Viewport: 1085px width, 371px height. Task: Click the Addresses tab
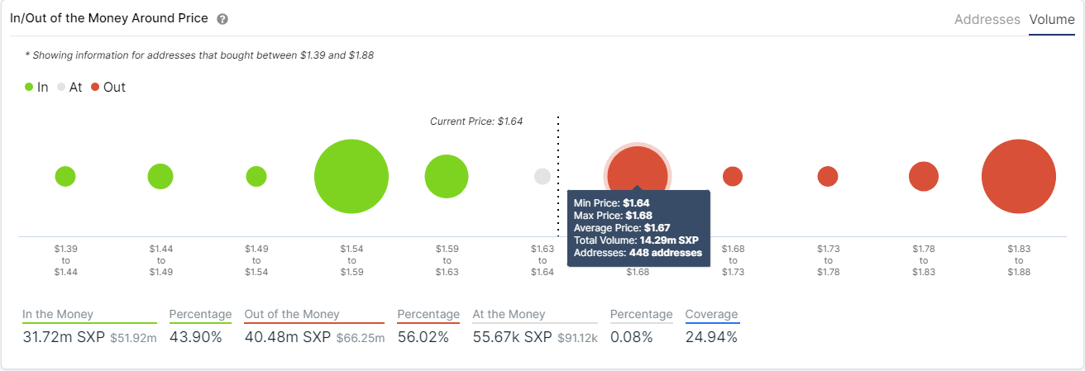click(987, 19)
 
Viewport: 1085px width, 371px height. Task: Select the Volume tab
click(1052, 19)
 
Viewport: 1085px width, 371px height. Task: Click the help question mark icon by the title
click(222, 19)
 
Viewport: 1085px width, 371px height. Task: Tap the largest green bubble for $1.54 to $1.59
click(351, 177)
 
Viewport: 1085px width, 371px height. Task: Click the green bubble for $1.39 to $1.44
click(65, 176)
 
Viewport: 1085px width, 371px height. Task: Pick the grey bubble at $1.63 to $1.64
click(542, 176)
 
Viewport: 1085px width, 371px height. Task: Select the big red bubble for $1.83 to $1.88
click(1018, 177)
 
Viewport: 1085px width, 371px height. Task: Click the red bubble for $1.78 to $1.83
click(923, 176)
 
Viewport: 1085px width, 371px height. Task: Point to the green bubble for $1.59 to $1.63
click(447, 177)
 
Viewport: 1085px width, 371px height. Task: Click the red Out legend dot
click(96, 87)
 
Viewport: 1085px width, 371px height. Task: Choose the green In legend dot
click(30, 87)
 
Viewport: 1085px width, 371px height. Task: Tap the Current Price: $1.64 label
click(476, 121)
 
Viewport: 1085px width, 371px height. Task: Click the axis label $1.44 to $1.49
click(160, 259)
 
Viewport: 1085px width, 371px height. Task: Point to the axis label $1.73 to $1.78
click(828, 259)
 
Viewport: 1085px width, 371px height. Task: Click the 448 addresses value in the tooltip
click(665, 253)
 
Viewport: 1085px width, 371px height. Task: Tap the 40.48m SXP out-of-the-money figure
click(287, 337)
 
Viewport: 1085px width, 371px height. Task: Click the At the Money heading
click(509, 314)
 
